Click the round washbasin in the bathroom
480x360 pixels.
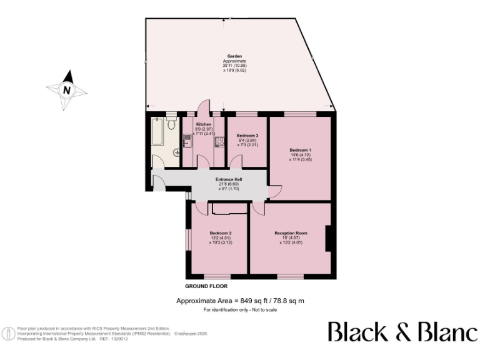(176, 152)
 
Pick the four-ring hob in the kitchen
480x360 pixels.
(219, 141)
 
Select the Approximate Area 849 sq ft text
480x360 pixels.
(241, 301)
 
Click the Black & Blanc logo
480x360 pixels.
(402, 332)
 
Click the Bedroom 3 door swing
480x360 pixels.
(236, 162)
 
